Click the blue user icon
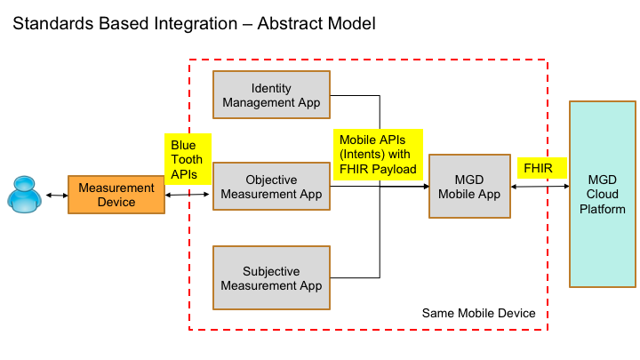pyautogui.click(x=25, y=195)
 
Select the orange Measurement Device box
pyautogui.click(x=116, y=195)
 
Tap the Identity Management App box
pyautogui.click(x=272, y=95)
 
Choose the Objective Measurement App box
pyautogui.click(x=272, y=187)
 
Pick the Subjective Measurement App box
pyautogui.click(x=272, y=278)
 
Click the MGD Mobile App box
pyautogui.click(x=470, y=187)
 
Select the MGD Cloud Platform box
pyautogui.click(x=602, y=194)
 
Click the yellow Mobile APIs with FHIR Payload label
pyautogui.click(x=378, y=156)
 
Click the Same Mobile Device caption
pyautogui.click(x=478, y=313)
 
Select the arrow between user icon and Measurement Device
pyautogui.click(x=55, y=195)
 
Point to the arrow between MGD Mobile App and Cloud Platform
pyautogui.click(x=540, y=187)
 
